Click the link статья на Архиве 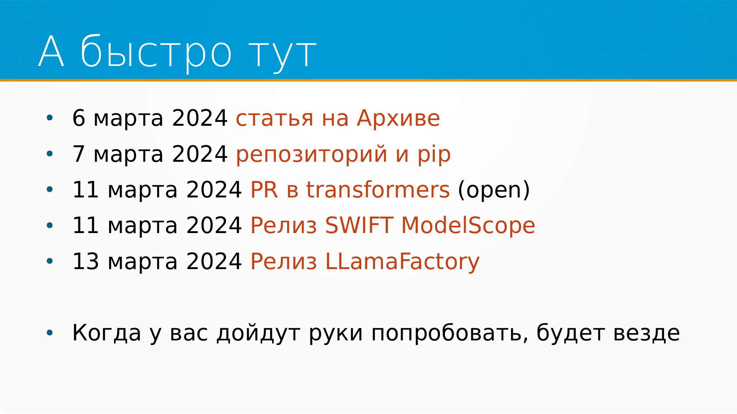(338, 118)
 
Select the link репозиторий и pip (343, 154)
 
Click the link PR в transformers (350, 190)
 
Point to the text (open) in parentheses (494, 190)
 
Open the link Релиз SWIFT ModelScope (393, 225)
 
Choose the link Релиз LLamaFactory (365, 261)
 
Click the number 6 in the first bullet (79, 118)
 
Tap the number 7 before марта (79, 154)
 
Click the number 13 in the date (86, 261)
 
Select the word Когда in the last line (107, 333)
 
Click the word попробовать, (449, 333)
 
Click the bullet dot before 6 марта (50, 118)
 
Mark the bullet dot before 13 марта (50, 261)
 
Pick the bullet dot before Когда (50, 333)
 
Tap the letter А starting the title (51, 51)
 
